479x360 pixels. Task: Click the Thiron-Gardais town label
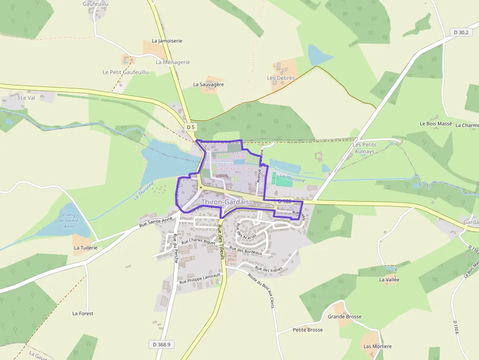coord(225,202)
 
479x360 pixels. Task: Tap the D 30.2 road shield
coord(460,32)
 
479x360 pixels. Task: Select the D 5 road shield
coord(191,127)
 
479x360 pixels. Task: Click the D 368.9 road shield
coord(162,344)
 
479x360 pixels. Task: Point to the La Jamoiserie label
coord(167,41)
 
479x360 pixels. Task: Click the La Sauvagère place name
coord(208,85)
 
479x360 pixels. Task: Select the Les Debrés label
coord(281,78)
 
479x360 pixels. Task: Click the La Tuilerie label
coord(86,248)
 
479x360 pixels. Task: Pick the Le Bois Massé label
coord(435,124)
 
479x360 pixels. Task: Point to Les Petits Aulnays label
coord(364,148)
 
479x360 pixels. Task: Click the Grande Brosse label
coord(345,317)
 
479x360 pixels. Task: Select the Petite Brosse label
coord(307,330)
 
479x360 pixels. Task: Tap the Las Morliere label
coord(377,346)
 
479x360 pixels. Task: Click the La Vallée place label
coord(389,280)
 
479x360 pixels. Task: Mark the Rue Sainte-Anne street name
coord(156,223)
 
